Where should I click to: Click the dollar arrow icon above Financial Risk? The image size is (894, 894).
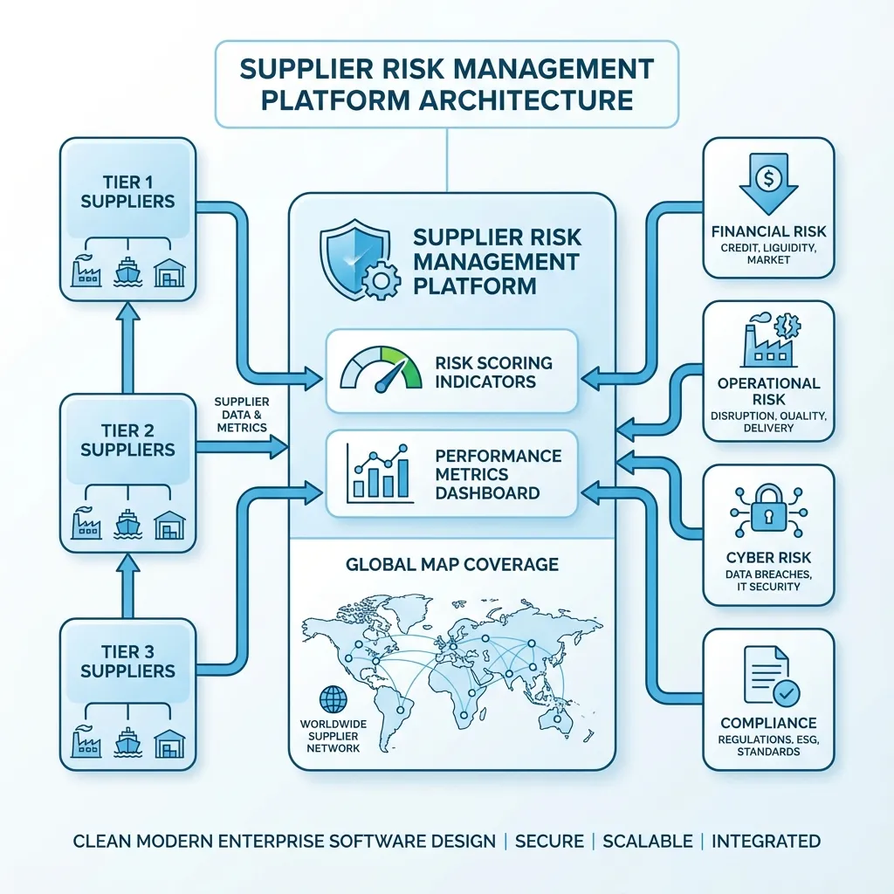tap(768, 182)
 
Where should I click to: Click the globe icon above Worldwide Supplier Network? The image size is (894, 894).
tap(333, 698)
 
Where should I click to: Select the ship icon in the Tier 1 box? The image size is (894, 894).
tap(127, 272)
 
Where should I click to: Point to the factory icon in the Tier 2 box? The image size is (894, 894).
tap(86, 523)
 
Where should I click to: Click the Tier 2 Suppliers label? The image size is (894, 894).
tap(127, 440)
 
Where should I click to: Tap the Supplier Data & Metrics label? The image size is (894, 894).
tap(240, 415)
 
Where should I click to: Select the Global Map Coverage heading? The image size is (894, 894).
tap(451, 564)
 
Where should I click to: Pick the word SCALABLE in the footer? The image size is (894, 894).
tap(647, 842)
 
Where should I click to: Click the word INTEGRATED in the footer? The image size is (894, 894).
tap(766, 842)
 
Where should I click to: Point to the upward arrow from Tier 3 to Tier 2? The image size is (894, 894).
tap(127, 585)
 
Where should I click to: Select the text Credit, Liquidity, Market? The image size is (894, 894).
tap(768, 253)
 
